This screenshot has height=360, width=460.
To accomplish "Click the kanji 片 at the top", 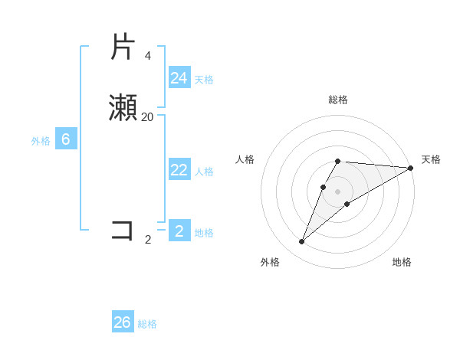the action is [123, 47].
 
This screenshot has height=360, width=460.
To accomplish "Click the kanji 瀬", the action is [123, 108].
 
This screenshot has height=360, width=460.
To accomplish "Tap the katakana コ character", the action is [123, 231].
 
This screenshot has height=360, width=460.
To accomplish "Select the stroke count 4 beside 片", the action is [148, 56].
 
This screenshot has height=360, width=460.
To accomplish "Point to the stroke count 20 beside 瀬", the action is [148, 117].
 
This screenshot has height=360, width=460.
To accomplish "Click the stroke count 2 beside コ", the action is [148, 240].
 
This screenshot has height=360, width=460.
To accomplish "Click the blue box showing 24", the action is [179, 78].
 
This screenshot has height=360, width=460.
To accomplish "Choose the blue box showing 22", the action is [179, 170].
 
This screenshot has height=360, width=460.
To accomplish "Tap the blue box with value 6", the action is [66, 139].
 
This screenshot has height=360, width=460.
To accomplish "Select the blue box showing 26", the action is [123, 322].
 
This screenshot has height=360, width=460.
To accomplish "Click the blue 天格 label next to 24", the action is [204, 80].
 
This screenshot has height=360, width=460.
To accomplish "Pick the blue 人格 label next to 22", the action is [204, 172].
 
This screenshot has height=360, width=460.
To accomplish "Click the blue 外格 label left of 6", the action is [41, 141].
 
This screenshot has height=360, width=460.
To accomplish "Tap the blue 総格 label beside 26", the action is [147, 324].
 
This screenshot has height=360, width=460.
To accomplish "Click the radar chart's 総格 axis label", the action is [338, 100].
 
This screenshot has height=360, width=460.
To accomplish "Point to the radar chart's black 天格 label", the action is [431, 159].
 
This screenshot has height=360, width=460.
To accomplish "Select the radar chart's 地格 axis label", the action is [402, 262].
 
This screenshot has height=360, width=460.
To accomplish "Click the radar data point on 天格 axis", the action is [410, 168].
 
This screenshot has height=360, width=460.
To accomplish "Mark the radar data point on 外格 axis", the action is [302, 241].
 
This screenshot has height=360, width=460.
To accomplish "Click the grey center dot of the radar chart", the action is [338, 191].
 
